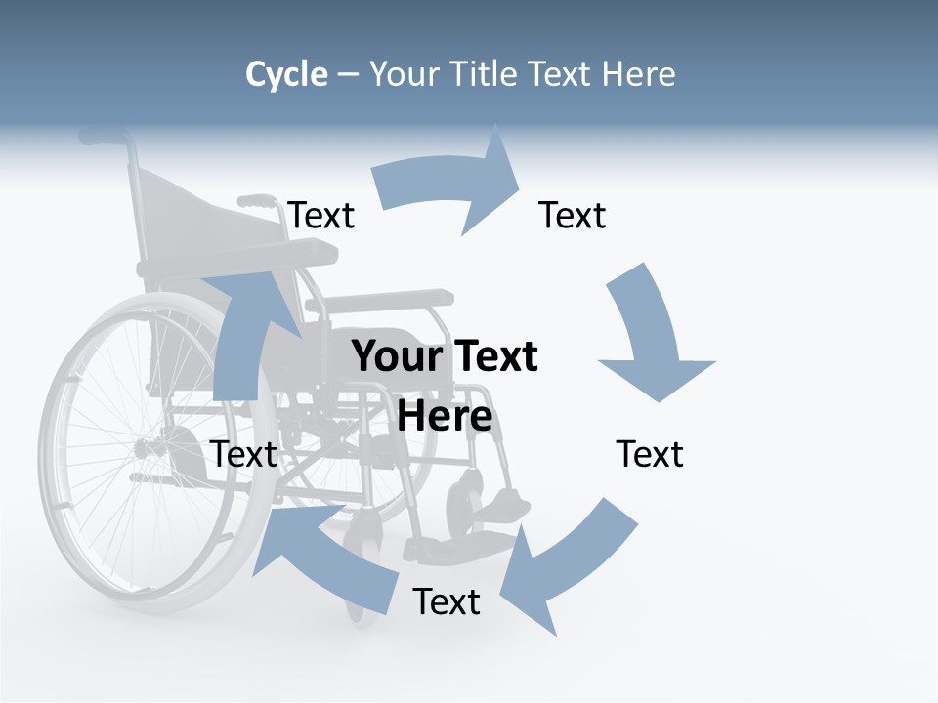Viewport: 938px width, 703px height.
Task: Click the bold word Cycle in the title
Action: click(x=286, y=74)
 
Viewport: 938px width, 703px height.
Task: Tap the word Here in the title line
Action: click(x=638, y=74)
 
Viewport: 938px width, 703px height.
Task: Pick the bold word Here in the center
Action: click(x=445, y=417)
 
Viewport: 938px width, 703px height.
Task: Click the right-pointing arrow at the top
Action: click(x=449, y=186)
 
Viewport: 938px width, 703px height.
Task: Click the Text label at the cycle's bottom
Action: click(x=447, y=601)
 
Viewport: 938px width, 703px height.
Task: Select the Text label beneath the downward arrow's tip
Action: click(x=650, y=454)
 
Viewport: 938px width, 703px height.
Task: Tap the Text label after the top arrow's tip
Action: click(x=573, y=215)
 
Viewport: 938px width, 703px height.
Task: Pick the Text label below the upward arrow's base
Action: click(x=244, y=454)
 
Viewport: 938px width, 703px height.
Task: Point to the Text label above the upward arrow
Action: click(x=321, y=215)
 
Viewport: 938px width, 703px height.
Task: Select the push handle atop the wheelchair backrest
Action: click(x=103, y=137)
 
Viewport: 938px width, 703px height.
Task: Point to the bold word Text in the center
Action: click(x=493, y=356)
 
